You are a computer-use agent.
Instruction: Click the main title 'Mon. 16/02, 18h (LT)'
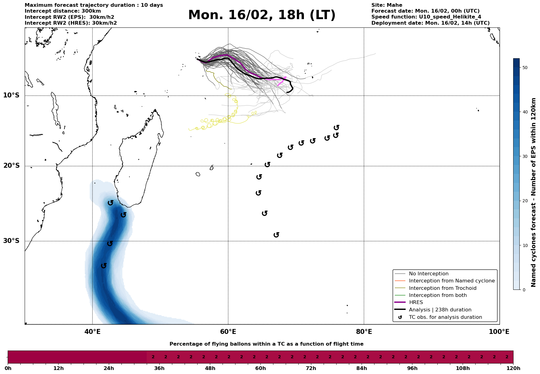262,15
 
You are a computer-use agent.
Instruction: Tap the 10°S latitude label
11,95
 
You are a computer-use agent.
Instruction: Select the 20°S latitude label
11,166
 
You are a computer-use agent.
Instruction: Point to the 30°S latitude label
11,241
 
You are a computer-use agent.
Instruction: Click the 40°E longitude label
92,332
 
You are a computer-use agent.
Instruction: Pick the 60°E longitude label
228,332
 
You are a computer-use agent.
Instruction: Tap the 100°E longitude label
499,332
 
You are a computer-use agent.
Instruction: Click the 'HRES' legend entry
416,302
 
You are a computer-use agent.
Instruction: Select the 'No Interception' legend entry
428,274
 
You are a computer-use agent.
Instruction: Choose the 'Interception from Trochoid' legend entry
442,288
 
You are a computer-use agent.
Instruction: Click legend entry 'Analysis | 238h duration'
440,310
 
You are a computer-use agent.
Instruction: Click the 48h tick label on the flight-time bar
210,368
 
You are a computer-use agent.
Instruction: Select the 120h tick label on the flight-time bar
513,368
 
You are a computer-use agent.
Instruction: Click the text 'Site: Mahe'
387,5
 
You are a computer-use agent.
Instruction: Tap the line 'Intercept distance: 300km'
63,11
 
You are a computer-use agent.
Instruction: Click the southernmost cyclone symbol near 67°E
276,235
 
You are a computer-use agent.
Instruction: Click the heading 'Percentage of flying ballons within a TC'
266,344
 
